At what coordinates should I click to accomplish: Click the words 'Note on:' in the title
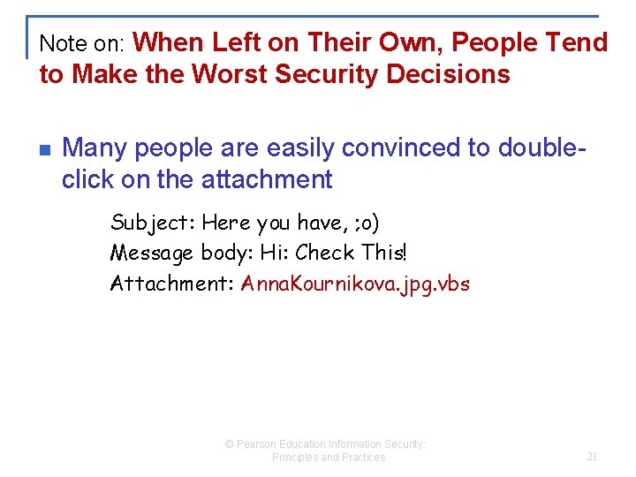point(85,43)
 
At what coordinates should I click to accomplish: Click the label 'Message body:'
point(181,253)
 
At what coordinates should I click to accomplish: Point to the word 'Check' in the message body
point(326,253)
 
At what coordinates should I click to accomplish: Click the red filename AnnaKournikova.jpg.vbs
point(355,284)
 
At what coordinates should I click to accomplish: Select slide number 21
point(592,457)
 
